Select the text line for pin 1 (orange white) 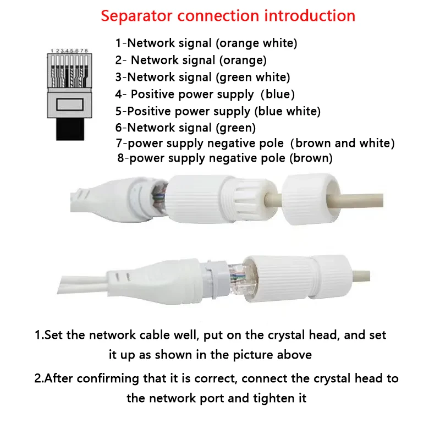point(206,43)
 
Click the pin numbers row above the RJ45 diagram point(69,51)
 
